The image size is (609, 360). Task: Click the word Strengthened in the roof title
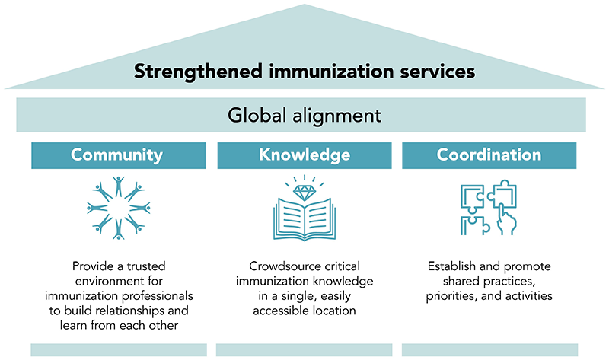coord(198,72)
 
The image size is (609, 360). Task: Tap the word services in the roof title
coord(438,72)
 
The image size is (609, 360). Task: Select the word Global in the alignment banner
coord(257,116)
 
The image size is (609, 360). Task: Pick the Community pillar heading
coord(116,155)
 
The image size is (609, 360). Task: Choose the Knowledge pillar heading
coord(304,155)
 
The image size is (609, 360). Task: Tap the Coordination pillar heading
coord(489,155)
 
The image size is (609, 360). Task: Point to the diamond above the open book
coord(304,193)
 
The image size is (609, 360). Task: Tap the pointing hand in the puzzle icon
coord(507,219)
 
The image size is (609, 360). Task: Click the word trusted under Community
coord(146,266)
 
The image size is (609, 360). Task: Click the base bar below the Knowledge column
coord(304,349)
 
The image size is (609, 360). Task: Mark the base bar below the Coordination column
coord(489,349)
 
